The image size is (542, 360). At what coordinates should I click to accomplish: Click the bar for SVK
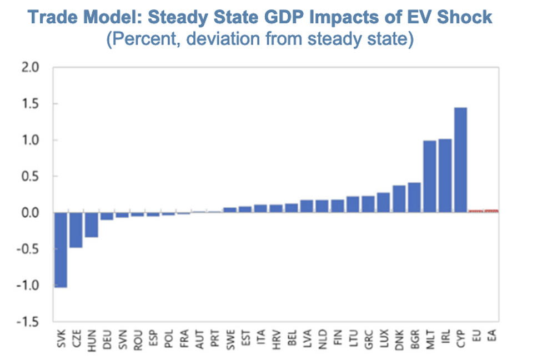point(60,249)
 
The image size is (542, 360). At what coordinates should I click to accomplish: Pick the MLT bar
point(429,177)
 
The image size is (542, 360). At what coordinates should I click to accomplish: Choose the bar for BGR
point(414,198)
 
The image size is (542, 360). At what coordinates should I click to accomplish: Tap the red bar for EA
point(491,211)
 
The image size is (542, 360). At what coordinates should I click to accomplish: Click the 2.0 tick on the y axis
point(32,68)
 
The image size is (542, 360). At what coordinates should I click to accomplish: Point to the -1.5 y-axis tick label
point(29,322)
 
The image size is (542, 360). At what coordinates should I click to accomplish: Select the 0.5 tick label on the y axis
point(32,177)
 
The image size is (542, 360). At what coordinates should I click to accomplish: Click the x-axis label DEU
point(107,341)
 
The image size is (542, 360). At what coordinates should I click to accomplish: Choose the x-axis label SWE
point(230,341)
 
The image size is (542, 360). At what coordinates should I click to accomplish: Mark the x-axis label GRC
point(368,341)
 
